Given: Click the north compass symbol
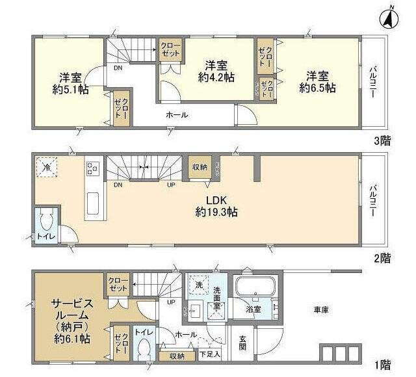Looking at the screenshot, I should pyautogui.click(x=388, y=17).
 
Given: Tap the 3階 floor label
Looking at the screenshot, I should pyautogui.click(x=382, y=139).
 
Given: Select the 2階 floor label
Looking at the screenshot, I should pyautogui.click(x=382, y=257).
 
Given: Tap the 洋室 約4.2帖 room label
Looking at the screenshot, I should pyautogui.click(x=216, y=71).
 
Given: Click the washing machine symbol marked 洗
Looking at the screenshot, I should pyautogui.click(x=198, y=284).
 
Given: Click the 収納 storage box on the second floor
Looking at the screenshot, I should pyautogui.click(x=200, y=167).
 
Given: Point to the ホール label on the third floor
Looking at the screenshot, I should pyautogui.click(x=177, y=115).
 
